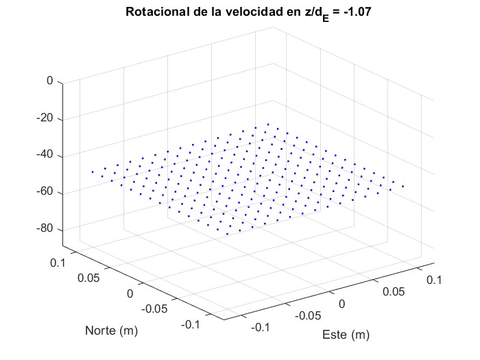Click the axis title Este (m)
click(x=346, y=335)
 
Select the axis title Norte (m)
click(x=111, y=331)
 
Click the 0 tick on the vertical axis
click(x=49, y=81)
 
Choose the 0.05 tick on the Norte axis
click(x=88, y=278)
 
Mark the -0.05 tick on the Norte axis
click(x=154, y=309)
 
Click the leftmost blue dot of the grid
click(x=92, y=171)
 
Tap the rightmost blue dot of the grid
click(x=403, y=186)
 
